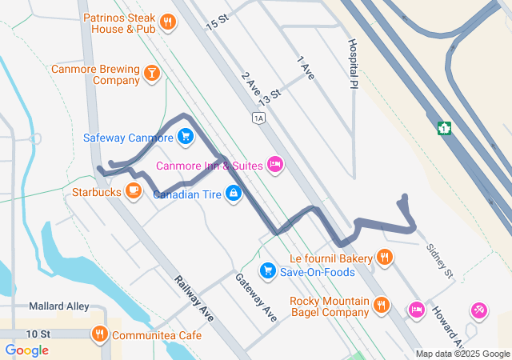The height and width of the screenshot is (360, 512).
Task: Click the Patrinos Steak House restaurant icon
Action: pos(167,22)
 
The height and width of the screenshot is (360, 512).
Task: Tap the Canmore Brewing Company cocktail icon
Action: pos(151,74)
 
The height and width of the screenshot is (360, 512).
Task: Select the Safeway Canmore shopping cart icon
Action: pos(186,137)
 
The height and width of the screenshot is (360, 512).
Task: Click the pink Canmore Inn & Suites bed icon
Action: pos(275,165)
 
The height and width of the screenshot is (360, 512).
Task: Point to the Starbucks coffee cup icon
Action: pos(134,191)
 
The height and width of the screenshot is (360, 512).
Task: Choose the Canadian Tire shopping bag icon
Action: pos(233,194)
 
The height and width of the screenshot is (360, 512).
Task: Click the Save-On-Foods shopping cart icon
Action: pos(268,271)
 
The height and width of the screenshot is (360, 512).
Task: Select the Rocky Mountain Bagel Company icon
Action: pos(381,305)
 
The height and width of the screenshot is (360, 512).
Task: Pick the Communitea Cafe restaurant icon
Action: pos(100,334)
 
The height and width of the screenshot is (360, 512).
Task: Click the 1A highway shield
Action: pos(258,118)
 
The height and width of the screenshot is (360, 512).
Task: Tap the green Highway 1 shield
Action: pos(445,127)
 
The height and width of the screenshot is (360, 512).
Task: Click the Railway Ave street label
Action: pos(194,294)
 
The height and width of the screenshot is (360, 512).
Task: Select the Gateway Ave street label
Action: pos(255,298)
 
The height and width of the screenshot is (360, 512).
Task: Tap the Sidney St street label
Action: pos(439,261)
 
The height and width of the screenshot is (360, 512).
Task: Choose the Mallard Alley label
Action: pos(57,306)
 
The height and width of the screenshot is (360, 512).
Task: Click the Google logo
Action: pos(26,350)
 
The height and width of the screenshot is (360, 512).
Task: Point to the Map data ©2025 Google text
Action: pos(462,354)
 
